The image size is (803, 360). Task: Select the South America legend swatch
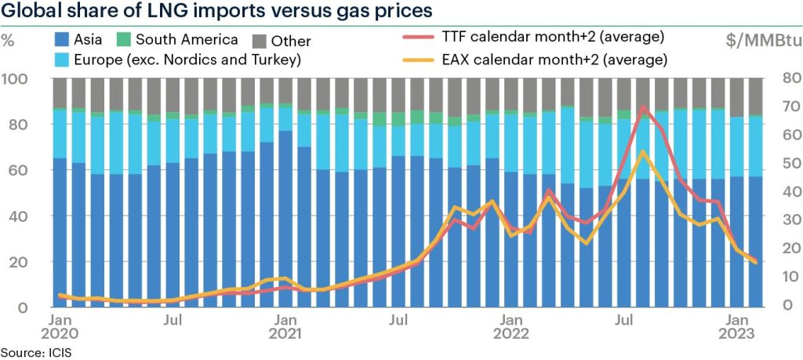click(x=125, y=39)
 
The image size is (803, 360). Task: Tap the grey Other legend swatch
click(x=260, y=41)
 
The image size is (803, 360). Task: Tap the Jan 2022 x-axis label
click(x=511, y=327)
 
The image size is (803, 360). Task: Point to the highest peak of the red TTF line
click(x=644, y=107)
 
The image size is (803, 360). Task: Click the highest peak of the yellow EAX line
click(x=643, y=152)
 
